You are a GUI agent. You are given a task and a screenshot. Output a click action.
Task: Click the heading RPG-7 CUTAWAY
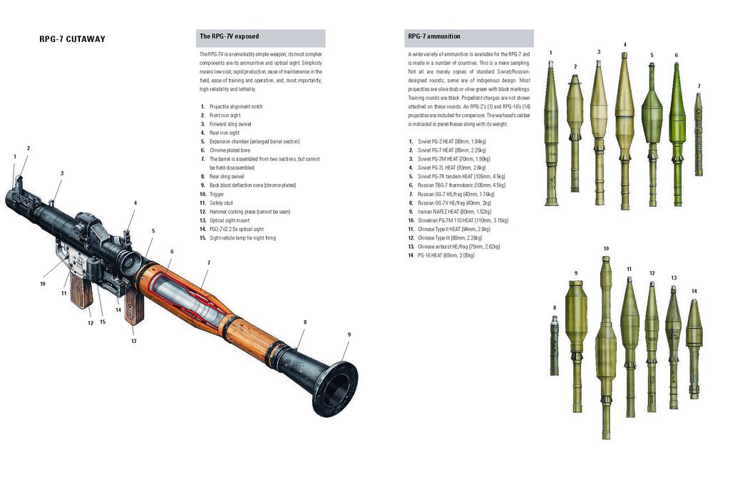(x=72, y=39)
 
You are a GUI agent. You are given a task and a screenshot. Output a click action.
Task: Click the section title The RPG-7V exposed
(x=229, y=36)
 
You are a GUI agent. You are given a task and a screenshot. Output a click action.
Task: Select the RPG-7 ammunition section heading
(x=433, y=36)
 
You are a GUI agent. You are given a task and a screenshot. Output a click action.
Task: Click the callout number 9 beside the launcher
(x=349, y=334)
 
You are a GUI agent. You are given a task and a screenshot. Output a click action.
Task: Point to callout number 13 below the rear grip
(x=133, y=341)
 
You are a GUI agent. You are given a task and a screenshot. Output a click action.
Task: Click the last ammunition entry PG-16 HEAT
(x=446, y=255)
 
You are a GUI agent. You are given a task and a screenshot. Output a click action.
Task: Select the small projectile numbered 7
(x=699, y=135)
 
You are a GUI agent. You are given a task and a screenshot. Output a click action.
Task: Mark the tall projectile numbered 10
(x=606, y=342)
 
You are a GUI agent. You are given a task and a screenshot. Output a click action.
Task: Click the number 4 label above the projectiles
(x=625, y=46)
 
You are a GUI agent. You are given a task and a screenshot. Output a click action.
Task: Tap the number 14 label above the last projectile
(x=694, y=291)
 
